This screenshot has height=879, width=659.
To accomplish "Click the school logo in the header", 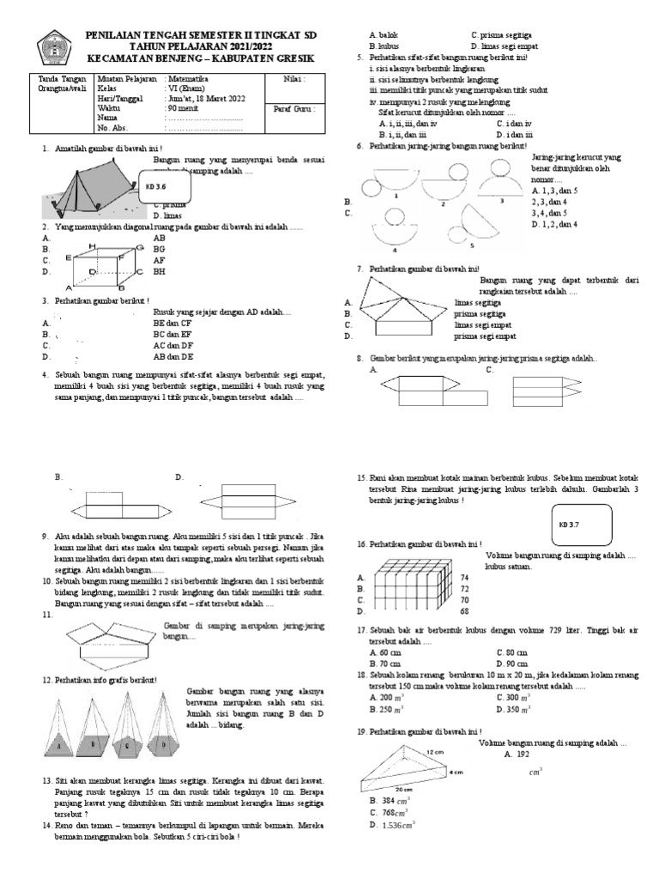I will click(x=53, y=47).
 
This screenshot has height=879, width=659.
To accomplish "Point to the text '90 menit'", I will click(x=183, y=110).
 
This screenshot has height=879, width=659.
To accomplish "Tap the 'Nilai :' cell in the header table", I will click(x=294, y=78).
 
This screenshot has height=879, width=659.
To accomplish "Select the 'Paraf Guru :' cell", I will click(x=301, y=110).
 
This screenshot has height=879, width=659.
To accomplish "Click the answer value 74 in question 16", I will click(x=464, y=578).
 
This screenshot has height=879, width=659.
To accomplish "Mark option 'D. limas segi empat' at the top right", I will click(x=508, y=45).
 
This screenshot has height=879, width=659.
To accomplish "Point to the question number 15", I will click(x=361, y=478).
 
